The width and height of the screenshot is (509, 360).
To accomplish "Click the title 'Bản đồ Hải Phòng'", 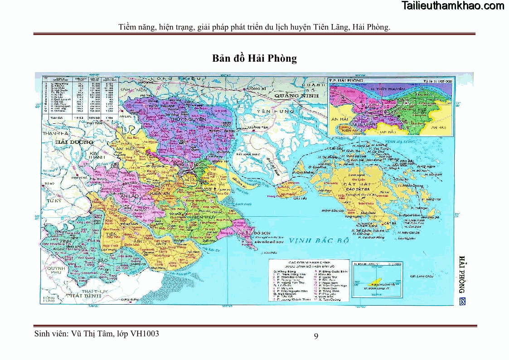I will pos(254,58).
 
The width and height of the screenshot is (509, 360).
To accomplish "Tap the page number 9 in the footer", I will pos(316,336).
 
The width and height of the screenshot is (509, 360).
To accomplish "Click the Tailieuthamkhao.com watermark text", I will pos(453,6).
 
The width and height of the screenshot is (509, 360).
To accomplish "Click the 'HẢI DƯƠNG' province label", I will pos(74,142).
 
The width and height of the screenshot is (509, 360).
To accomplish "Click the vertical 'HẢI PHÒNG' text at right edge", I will pos(462,274).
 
